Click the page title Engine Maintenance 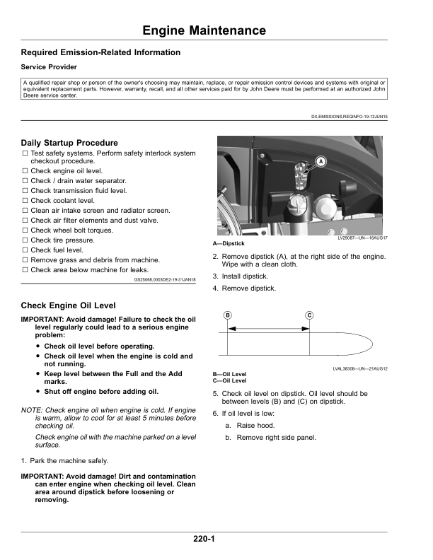tap(204, 30)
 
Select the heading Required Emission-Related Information tap(100, 52)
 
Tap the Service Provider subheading tap(52, 67)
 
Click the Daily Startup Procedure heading tap(69, 143)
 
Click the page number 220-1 tap(204, 539)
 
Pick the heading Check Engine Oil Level tap(69, 305)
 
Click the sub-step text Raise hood tap(255, 426)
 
